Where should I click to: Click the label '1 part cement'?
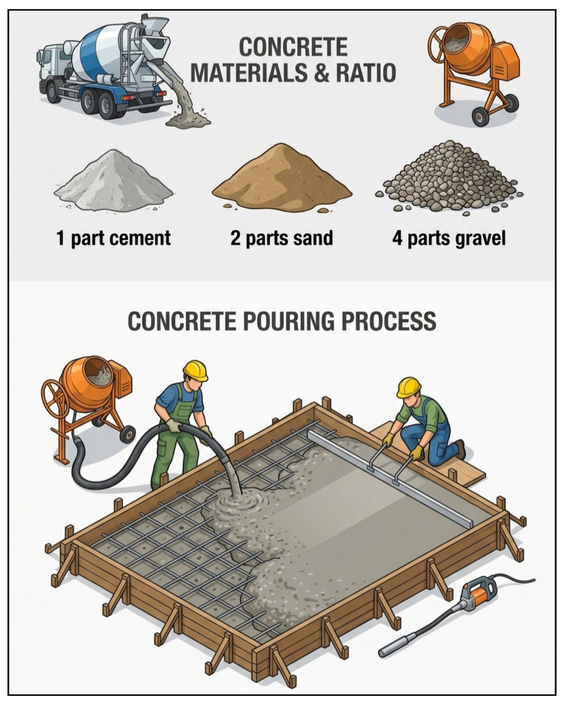click(x=113, y=238)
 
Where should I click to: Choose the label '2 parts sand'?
click(x=282, y=238)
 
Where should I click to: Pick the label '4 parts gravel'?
click(x=449, y=238)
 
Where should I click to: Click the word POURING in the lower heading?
click(x=289, y=321)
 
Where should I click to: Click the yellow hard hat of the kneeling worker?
click(x=408, y=387)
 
